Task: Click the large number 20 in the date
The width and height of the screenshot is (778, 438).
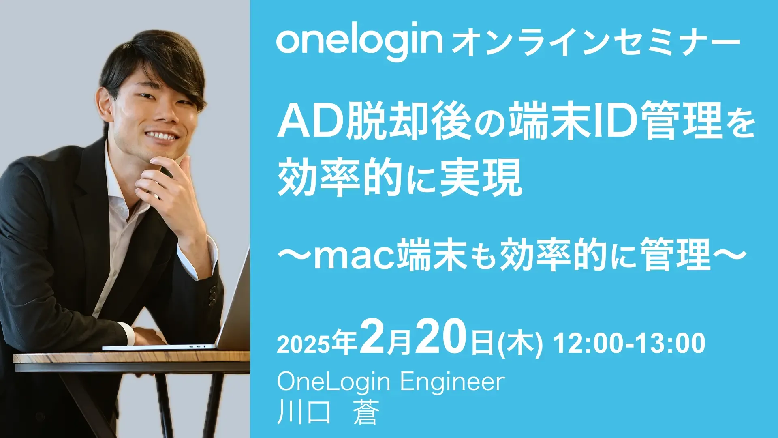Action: [442, 337]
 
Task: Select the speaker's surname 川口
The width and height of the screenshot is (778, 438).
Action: [304, 412]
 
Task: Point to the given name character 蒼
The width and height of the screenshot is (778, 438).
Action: [366, 412]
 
